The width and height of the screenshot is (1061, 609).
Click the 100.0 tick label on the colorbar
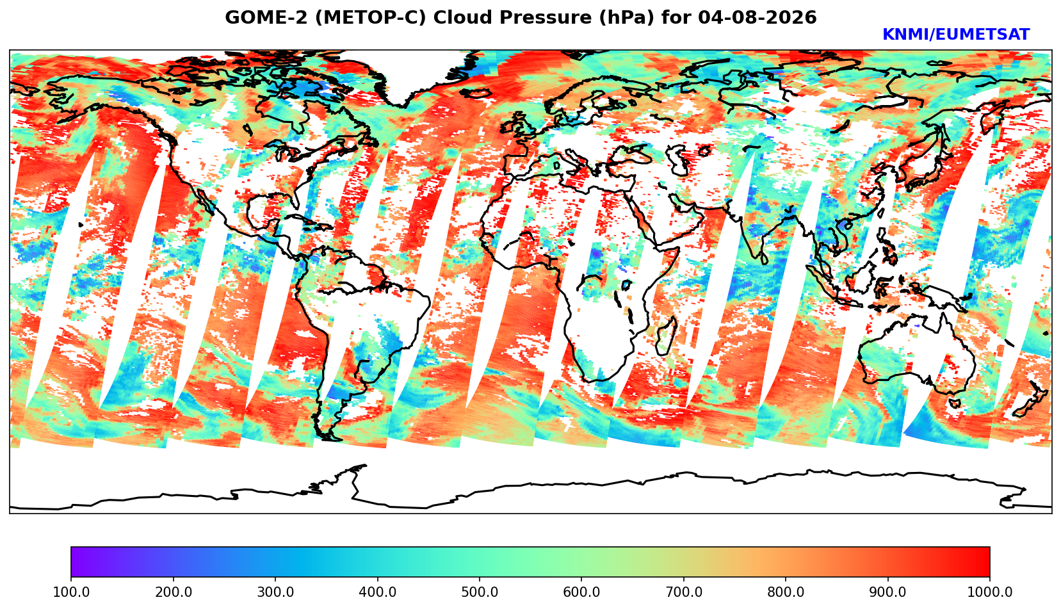(x=70, y=592)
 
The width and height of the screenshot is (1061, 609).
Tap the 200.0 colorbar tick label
(x=173, y=592)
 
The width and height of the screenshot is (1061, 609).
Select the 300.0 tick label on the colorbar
(x=275, y=592)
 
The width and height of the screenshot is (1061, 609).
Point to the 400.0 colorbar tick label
(x=377, y=592)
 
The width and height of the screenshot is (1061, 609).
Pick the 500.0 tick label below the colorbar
(x=480, y=592)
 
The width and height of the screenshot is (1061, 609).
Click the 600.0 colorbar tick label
(x=581, y=592)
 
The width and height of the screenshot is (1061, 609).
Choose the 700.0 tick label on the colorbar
(x=683, y=592)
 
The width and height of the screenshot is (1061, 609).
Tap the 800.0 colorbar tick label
(x=785, y=592)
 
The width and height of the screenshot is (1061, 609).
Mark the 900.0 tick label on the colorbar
(x=887, y=592)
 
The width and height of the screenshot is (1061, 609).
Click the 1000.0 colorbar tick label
(x=989, y=592)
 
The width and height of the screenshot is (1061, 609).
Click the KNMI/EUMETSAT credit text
(x=956, y=35)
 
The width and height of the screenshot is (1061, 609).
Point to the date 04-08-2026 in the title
(x=757, y=17)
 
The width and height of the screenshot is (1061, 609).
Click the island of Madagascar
(x=667, y=337)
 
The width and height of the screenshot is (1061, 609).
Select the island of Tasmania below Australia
(x=955, y=403)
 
